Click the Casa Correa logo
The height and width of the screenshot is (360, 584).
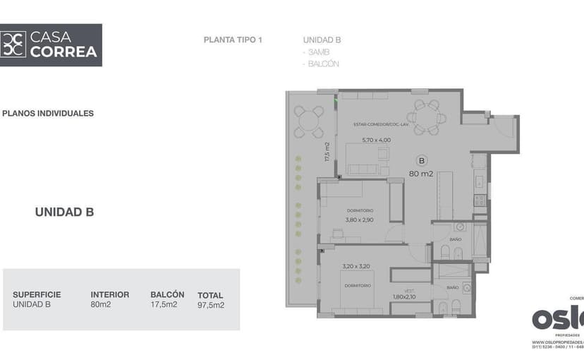pos(51,44)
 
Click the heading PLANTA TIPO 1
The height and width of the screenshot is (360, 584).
pos(233,40)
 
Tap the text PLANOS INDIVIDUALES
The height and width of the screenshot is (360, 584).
pos(48,113)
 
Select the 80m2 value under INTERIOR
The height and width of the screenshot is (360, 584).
pos(101,305)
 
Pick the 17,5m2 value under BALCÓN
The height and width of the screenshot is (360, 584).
pos(164,305)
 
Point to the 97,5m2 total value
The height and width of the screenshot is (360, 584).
pos(211,306)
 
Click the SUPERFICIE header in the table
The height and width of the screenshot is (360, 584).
pos(37,294)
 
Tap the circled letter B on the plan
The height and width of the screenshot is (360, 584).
pos(422,160)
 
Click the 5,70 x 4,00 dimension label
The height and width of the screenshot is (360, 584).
pos(376,140)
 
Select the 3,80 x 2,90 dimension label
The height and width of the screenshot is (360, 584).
pos(359,220)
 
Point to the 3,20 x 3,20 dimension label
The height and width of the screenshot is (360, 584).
pos(356,266)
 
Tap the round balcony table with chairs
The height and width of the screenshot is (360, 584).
pos(308,121)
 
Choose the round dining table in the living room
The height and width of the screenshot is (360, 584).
pos(426,117)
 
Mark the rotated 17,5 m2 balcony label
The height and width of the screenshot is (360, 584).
pos(327,152)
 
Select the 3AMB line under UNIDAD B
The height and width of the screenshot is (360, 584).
pos(315,52)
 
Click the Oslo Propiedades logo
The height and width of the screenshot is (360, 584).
pos(557,318)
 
